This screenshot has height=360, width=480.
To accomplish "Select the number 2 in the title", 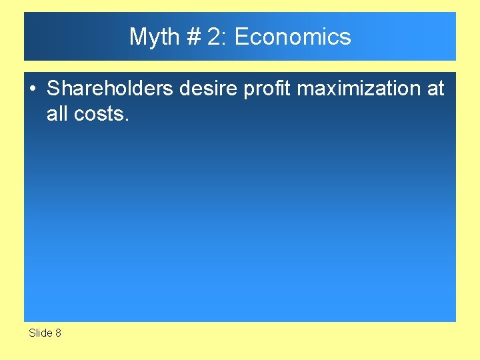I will click(213, 37).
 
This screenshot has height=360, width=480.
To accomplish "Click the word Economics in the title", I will click(293, 37).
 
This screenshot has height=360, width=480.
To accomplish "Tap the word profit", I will click(264, 89).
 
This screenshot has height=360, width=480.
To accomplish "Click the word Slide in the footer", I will click(40, 333).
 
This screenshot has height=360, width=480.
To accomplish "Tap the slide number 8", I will click(58, 333).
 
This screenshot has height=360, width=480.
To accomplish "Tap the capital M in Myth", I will click(137, 37).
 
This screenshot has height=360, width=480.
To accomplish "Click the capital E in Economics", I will click(241, 37).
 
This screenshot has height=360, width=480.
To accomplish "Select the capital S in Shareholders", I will click(53, 89).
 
